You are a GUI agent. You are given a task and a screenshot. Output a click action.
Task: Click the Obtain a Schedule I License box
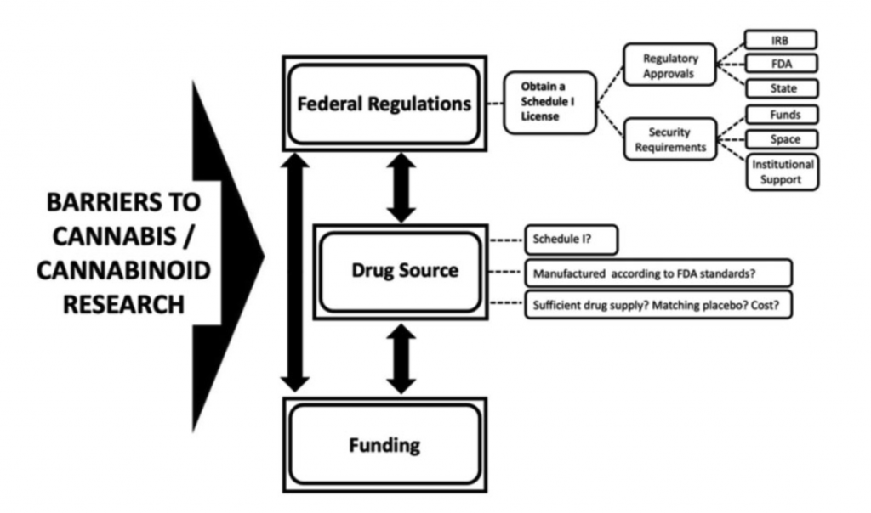(549, 103)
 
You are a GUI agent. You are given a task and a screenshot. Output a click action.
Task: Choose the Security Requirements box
(671, 139)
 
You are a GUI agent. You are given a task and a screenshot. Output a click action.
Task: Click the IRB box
(780, 39)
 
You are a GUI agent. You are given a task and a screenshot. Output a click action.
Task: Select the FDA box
(780, 64)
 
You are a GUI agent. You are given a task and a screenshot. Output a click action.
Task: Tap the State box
(780, 88)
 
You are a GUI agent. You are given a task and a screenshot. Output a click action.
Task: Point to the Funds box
(780, 114)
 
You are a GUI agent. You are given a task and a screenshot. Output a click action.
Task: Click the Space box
(780, 138)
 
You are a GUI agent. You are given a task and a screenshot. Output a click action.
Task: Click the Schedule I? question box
(570, 240)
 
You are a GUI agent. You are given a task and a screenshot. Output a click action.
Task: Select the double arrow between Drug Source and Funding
(401, 358)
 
